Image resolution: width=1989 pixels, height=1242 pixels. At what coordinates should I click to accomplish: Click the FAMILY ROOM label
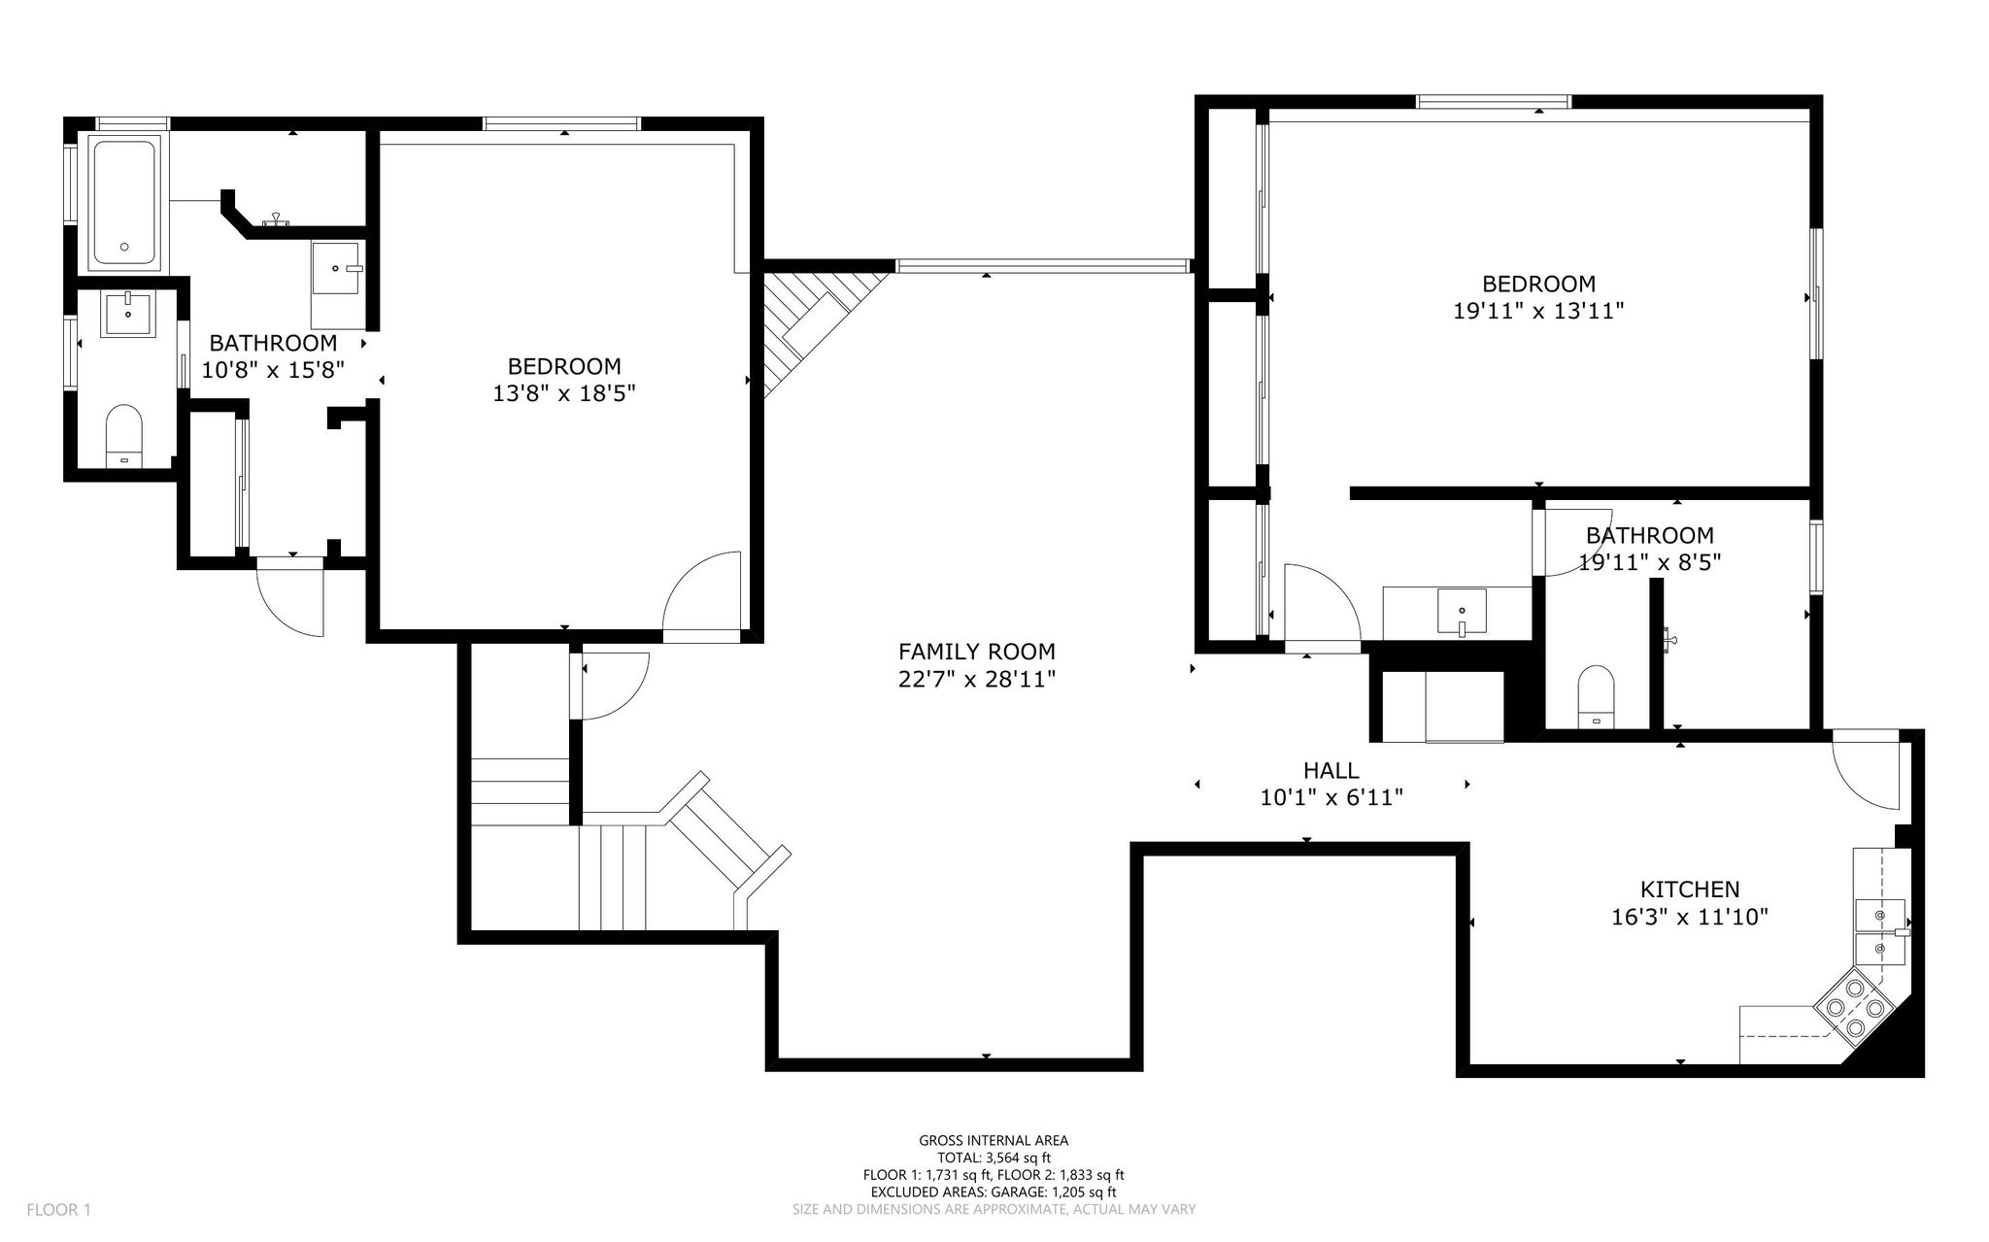(976, 652)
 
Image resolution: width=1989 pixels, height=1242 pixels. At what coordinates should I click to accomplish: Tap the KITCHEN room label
(1690, 889)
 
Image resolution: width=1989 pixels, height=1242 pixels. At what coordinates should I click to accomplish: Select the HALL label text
(1331, 771)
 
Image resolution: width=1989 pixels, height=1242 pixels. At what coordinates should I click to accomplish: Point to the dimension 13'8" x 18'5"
(564, 393)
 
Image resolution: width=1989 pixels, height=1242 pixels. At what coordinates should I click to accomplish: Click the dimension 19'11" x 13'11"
(1538, 311)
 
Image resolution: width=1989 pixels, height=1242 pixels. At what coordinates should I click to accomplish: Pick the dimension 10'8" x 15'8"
(273, 370)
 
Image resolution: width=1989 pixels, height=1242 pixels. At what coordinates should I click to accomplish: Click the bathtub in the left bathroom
(124, 202)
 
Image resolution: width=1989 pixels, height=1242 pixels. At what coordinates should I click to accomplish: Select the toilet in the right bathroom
(1597, 697)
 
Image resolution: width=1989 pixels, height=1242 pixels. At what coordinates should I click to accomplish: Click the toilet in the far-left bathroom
(123, 437)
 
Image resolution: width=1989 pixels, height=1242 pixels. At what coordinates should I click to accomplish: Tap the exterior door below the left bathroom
(289, 596)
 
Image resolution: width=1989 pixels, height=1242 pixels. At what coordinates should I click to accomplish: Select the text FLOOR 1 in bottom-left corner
(58, 1210)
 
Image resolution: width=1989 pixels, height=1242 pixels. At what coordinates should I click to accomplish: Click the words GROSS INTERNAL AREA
(994, 1141)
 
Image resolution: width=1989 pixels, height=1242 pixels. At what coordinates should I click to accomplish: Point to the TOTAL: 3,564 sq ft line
(994, 1158)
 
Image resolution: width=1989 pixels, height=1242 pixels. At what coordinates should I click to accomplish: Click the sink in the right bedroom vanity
(1462, 612)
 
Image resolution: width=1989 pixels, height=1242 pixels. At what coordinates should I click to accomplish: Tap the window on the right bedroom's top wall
(1493, 101)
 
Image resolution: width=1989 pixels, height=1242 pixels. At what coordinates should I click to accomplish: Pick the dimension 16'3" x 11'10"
(1690, 916)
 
